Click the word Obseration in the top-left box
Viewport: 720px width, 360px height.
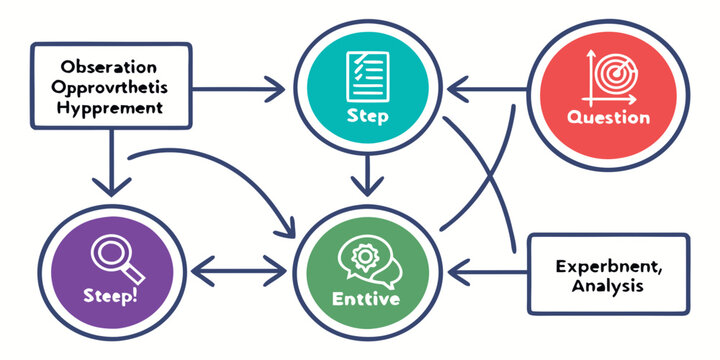(108, 67)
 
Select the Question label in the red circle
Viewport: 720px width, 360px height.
(608, 117)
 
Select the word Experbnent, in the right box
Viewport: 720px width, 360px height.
(608, 266)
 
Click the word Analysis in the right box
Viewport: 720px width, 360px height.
(608, 286)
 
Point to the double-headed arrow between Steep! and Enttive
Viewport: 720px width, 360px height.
(239, 270)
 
